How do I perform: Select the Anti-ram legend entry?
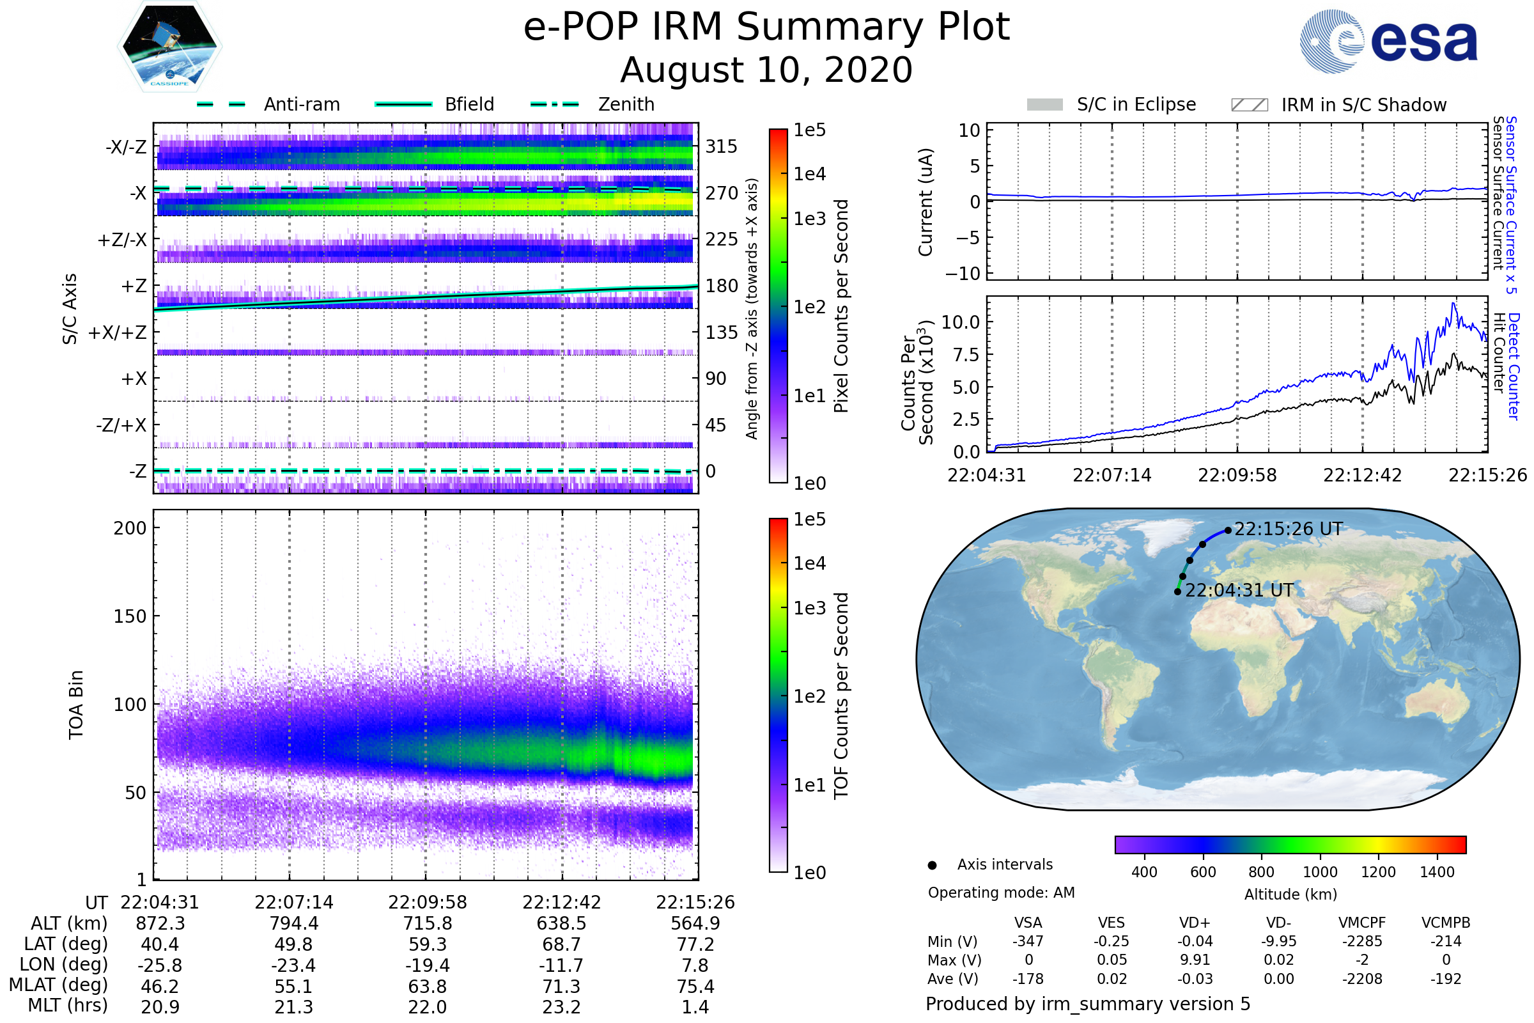tap(268, 104)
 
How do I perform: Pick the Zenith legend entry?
tap(593, 104)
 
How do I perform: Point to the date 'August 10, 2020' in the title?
tap(766, 70)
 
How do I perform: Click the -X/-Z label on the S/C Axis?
tap(126, 147)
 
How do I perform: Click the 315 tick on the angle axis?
tap(721, 147)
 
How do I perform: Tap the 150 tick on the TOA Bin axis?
tap(130, 616)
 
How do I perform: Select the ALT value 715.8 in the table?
tap(427, 924)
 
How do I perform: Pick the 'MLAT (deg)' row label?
tap(59, 985)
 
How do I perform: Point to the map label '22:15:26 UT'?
tap(1288, 529)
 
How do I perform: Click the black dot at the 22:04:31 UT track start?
tap(1177, 592)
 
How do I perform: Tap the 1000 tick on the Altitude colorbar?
tap(1320, 872)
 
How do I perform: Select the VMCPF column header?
tap(1362, 923)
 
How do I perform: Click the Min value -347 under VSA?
tap(1028, 941)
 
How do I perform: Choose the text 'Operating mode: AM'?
tap(1001, 893)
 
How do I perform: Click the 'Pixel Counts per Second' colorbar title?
tap(841, 306)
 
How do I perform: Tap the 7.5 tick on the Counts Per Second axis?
tap(966, 355)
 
